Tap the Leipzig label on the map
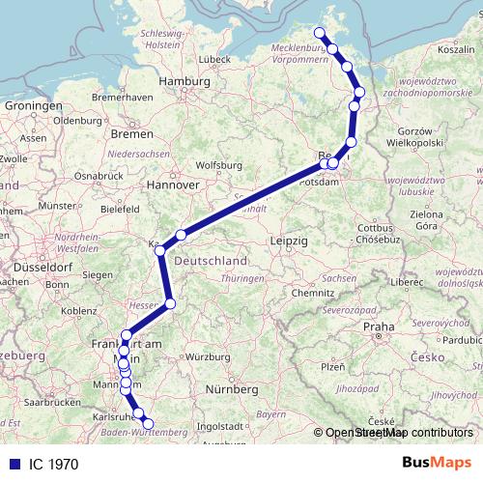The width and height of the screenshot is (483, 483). point(290,239)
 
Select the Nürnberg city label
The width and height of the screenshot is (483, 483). point(235,389)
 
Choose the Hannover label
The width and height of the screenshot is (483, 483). point(173,183)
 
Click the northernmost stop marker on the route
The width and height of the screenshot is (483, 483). point(320,34)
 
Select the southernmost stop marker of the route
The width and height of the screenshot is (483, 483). point(148,423)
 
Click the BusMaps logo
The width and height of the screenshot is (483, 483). point(440,463)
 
